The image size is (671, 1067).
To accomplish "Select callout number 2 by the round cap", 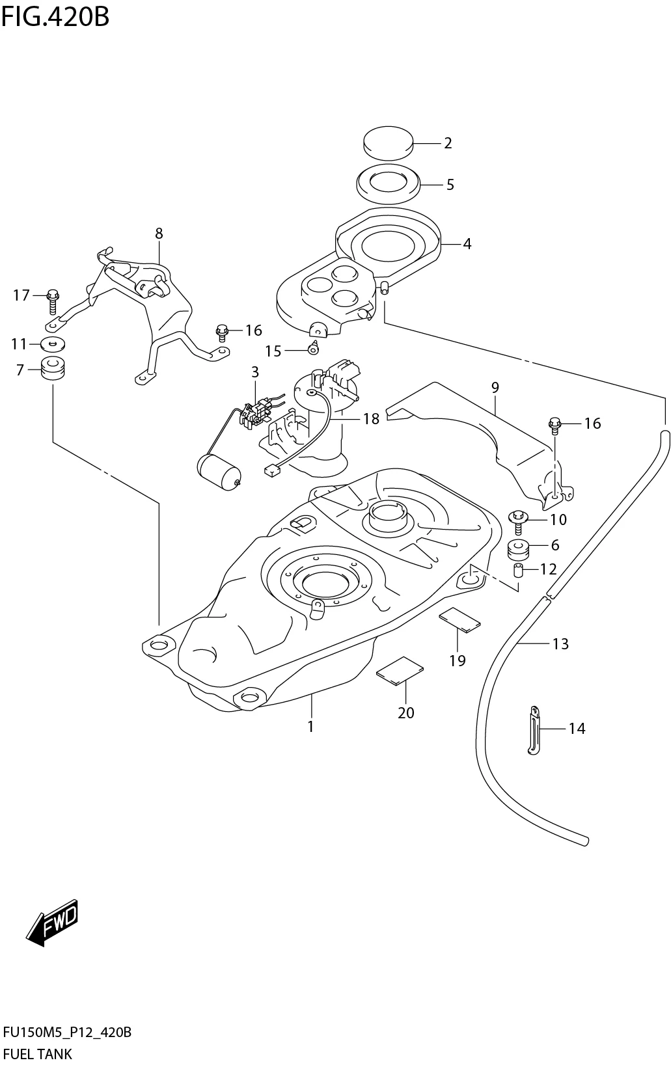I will click(x=448, y=143).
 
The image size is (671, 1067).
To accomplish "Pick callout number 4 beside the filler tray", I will click(x=467, y=244).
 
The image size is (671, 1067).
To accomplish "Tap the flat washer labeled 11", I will click(x=53, y=343).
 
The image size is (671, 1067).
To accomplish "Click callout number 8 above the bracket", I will click(x=159, y=233).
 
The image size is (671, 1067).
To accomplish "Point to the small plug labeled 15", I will click(x=312, y=349).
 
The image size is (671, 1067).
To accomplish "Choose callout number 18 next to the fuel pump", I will click(x=371, y=418).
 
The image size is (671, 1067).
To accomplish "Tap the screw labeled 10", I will click(x=517, y=520).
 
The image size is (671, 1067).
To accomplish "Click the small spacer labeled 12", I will click(x=519, y=571).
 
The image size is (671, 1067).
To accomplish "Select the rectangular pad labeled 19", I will click(x=459, y=619).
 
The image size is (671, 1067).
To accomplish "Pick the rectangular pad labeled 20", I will click(x=400, y=670).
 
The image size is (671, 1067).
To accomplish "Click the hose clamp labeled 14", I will click(x=534, y=730).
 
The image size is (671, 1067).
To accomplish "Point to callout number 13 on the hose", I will click(x=560, y=643).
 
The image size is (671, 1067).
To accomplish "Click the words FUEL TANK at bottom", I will click(x=38, y=1053).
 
